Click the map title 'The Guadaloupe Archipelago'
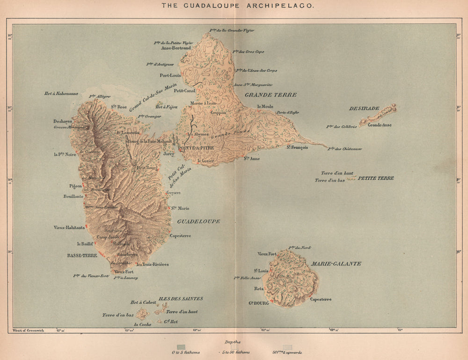[x=238, y=6]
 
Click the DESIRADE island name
[x=364, y=108]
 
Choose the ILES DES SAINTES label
[x=180, y=298]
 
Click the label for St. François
[x=297, y=147]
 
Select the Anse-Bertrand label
[x=175, y=48]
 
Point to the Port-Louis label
[x=170, y=75]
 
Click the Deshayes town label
[x=63, y=121]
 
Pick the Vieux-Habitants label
[x=69, y=228]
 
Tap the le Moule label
[x=265, y=107]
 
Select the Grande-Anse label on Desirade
[x=380, y=125]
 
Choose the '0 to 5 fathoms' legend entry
[x=186, y=352]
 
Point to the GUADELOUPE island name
[x=198, y=221]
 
